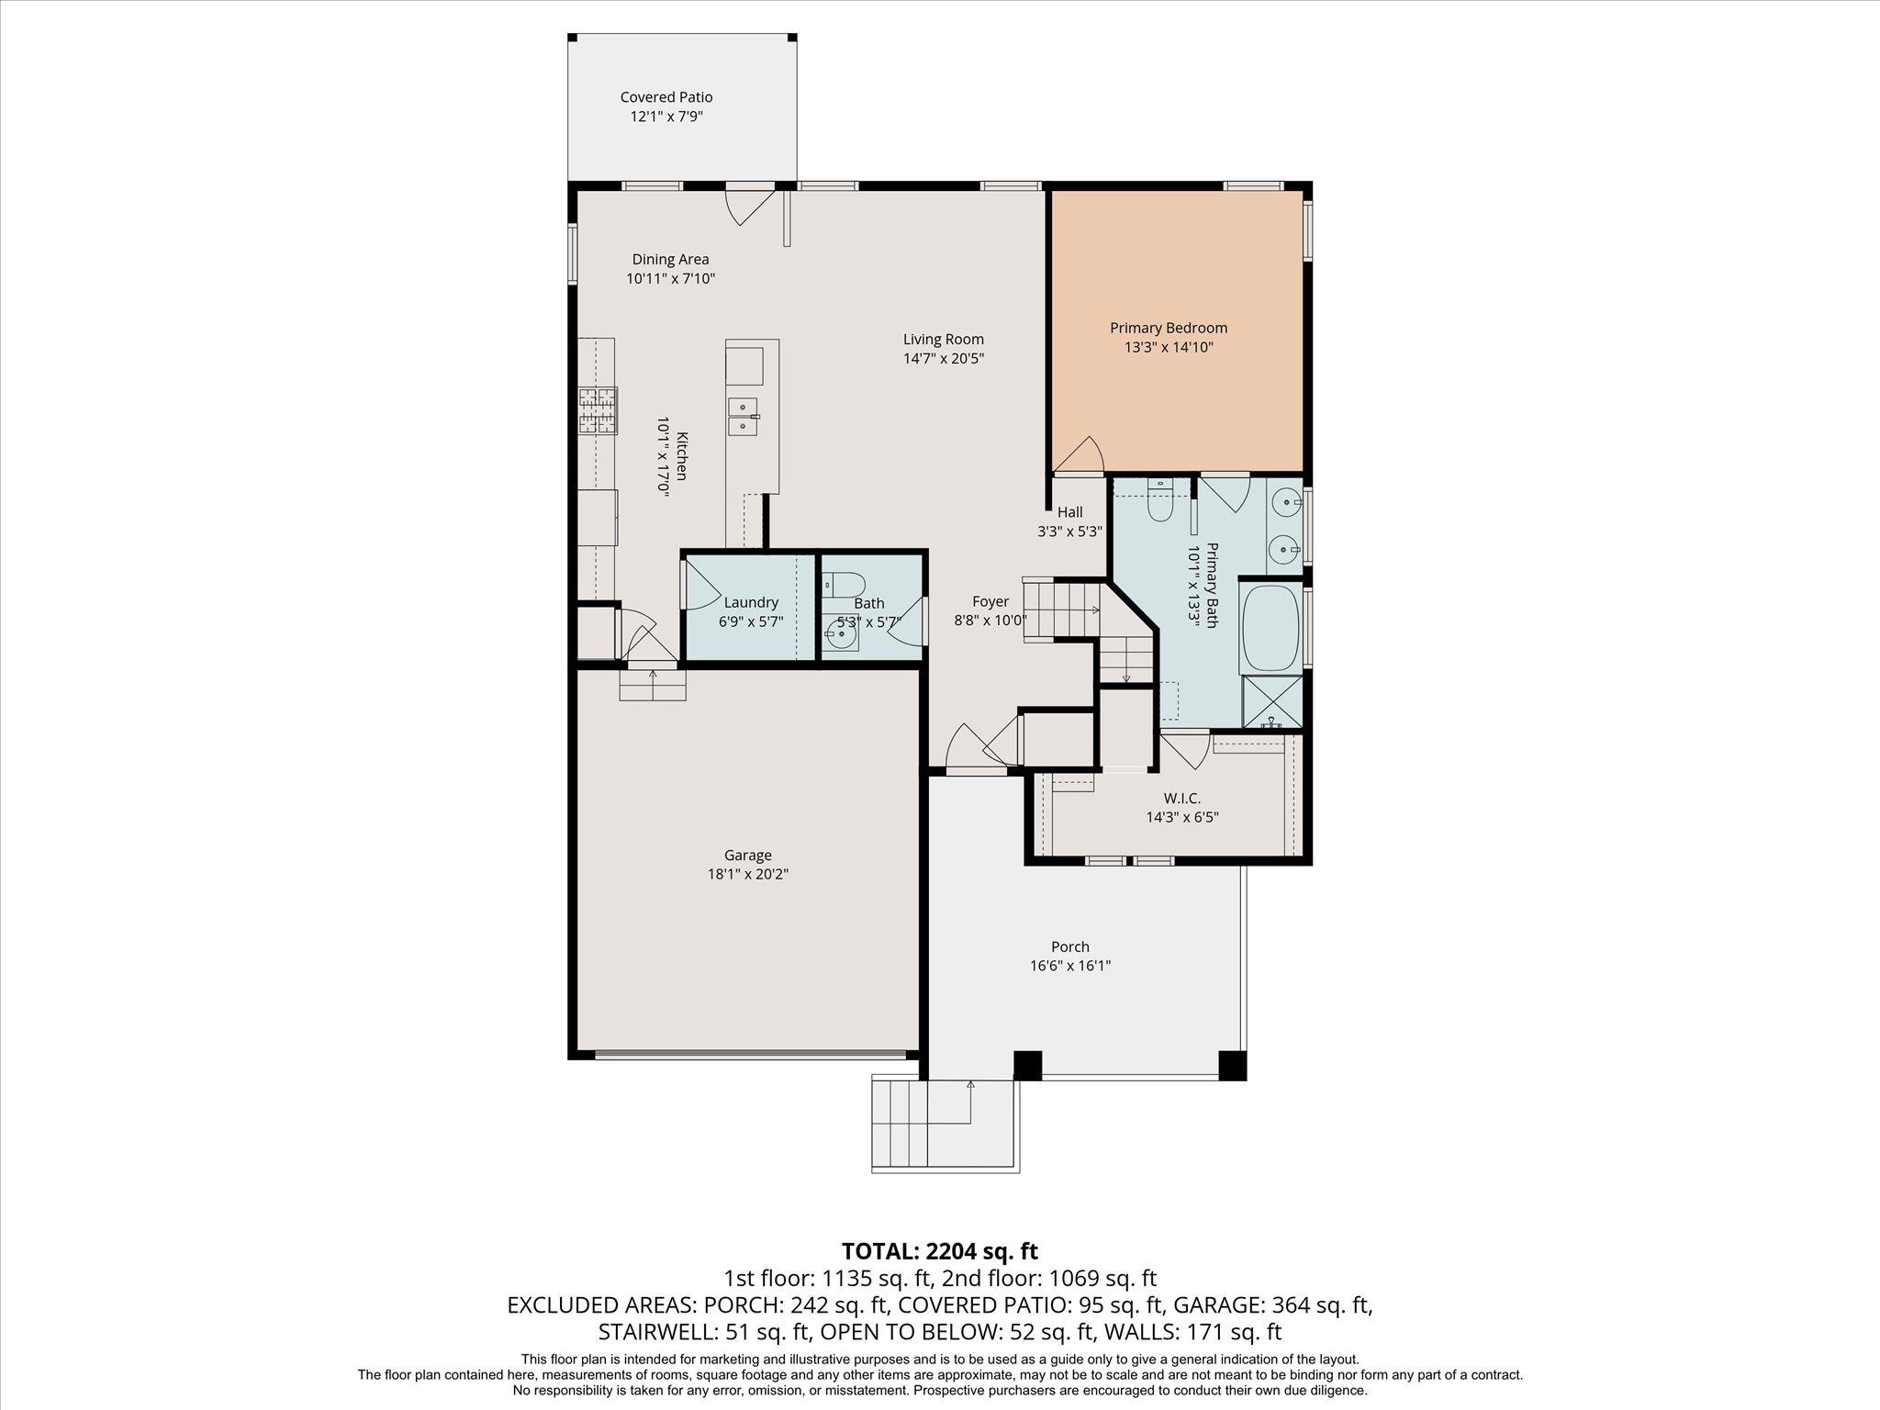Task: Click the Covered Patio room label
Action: coord(666,97)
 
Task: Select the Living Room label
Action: coord(943,340)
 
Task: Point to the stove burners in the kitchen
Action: coord(598,410)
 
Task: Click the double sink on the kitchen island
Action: coord(743,417)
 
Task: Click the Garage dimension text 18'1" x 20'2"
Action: coord(748,874)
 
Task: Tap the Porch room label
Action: coord(1070,946)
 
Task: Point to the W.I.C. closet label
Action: coord(1182,799)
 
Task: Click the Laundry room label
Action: coord(751,602)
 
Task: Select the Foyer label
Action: coord(990,601)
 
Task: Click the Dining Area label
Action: coord(670,260)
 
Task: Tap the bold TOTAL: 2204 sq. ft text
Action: coord(940,1250)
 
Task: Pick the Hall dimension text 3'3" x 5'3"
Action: coord(1070,531)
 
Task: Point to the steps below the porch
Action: coord(945,1125)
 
